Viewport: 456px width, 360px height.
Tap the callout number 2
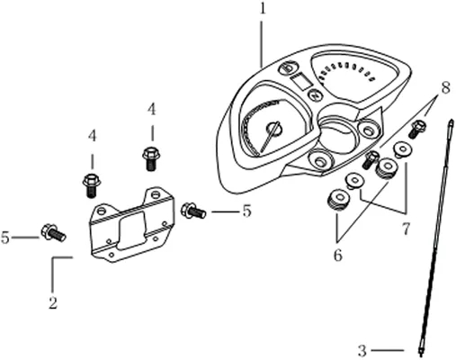click(53, 302)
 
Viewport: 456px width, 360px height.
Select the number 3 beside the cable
click(362, 350)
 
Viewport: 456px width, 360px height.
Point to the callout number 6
click(338, 256)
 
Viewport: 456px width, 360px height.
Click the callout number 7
click(406, 229)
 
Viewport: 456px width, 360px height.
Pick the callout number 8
click(445, 88)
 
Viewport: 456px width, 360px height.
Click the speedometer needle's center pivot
click(274, 129)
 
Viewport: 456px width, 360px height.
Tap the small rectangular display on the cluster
click(300, 82)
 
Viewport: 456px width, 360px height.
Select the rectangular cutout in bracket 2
click(132, 230)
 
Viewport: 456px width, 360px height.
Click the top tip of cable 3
click(451, 121)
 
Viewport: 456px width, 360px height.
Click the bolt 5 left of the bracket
click(53, 233)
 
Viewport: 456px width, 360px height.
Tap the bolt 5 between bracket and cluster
click(193, 211)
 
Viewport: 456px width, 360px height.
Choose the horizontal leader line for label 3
click(388, 350)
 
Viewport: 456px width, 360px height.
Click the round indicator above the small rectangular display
click(288, 68)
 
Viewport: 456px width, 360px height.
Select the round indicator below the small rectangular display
click(316, 96)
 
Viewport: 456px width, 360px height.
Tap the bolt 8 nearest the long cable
click(417, 129)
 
